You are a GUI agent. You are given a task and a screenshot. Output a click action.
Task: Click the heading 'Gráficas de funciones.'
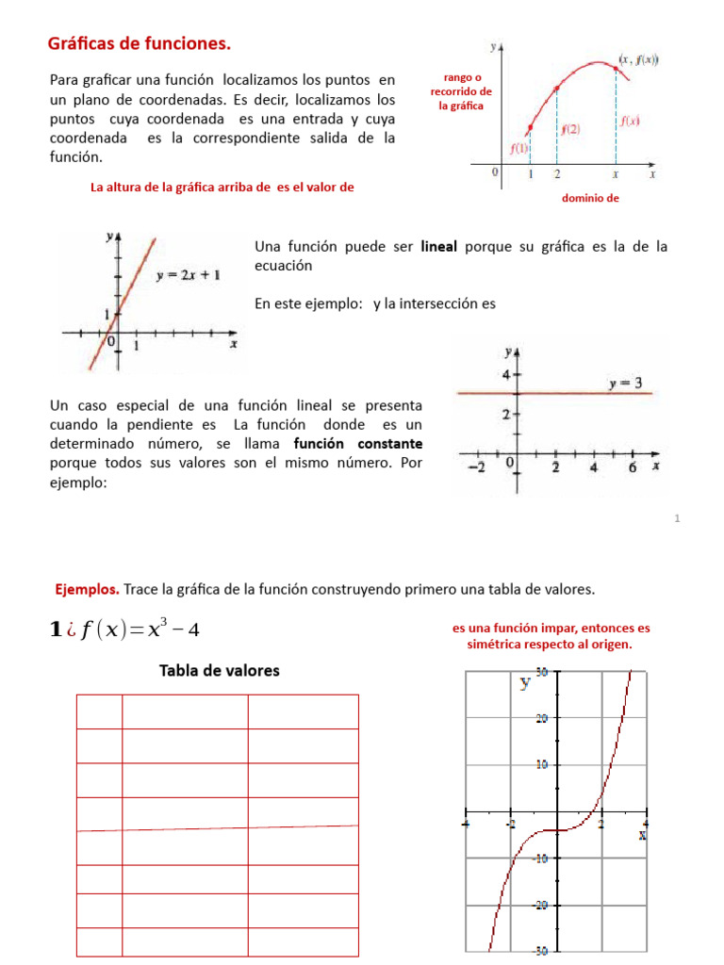[x=139, y=43]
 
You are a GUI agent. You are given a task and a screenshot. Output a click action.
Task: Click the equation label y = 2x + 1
[x=189, y=275]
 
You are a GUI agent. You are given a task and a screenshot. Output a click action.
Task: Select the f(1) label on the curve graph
[x=519, y=148]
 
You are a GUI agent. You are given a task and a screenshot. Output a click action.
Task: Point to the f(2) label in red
[x=570, y=129]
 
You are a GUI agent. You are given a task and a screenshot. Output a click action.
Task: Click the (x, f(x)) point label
[x=638, y=59]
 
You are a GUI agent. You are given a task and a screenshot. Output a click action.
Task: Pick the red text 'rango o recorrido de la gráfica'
[x=461, y=91]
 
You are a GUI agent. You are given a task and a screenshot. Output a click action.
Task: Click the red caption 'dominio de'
[x=590, y=198]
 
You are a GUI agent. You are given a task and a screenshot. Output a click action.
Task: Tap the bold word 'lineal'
[x=438, y=246]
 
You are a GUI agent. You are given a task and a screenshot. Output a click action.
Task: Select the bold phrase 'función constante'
[x=358, y=444]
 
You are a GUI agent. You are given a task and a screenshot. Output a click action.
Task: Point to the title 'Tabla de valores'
[x=219, y=671]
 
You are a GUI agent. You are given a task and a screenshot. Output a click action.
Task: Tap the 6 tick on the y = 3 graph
[x=632, y=466]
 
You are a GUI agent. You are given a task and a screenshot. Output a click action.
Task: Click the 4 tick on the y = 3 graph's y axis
[x=505, y=374]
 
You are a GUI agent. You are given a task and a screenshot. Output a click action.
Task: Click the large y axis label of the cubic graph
[x=525, y=683]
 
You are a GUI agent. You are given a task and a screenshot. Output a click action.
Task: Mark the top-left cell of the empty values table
[x=100, y=711]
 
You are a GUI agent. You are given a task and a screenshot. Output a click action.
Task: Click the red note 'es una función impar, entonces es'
[x=551, y=628]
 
